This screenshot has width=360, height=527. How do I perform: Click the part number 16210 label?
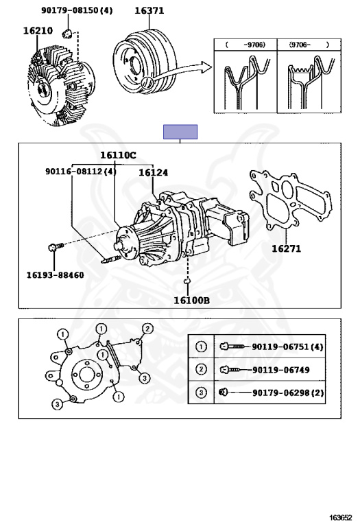[x=38, y=31]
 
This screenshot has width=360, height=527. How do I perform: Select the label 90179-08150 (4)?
[x=77, y=10]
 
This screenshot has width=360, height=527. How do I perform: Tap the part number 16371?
[x=149, y=11]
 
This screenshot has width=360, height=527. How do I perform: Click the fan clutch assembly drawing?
[x=60, y=86]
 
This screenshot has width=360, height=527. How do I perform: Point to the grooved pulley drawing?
[x=145, y=62]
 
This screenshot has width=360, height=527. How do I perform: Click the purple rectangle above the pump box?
[x=180, y=132]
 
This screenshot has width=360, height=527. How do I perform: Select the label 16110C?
[x=118, y=155]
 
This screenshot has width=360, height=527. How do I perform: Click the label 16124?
[x=154, y=172]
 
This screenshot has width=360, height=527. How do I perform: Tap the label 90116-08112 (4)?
[x=81, y=172]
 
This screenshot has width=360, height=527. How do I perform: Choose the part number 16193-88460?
[x=55, y=275]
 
